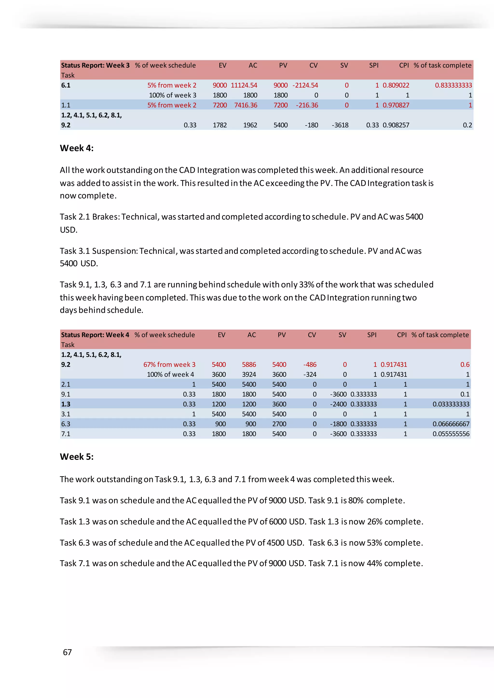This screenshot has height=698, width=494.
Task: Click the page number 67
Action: pos(67,652)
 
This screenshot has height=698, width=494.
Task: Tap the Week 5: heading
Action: pos(77,457)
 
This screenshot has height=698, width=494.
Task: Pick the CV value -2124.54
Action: pos(305,85)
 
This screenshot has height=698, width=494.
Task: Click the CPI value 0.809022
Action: pos(396,85)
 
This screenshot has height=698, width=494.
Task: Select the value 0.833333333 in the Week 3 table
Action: pos(453,85)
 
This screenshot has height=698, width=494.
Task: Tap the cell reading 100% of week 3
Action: pos(172,95)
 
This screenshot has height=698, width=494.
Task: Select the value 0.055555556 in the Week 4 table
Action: pos(451,434)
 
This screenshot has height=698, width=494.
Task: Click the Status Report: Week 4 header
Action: pos(95,335)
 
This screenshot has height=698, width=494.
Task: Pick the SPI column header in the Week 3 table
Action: pos(374,65)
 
